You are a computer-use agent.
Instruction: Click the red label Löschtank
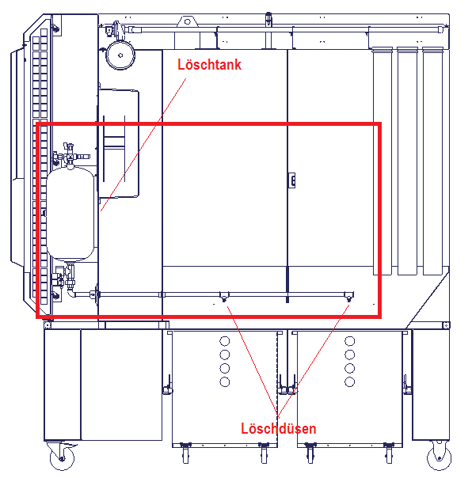(x=209, y=65)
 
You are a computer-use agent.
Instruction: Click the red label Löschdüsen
(x=278, y=429)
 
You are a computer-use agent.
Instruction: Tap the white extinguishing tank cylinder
(x=70, y=214)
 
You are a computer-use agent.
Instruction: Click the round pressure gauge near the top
(x=120, y=55)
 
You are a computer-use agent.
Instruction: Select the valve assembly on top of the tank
(x=70, y=155)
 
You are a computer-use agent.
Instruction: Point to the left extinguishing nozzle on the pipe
(x=224, y=297)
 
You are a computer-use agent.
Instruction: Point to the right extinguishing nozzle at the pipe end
(x=349, y=297)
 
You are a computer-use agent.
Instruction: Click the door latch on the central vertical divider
(x=292, y=180)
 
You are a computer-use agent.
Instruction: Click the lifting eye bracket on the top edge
(x=188, y=22)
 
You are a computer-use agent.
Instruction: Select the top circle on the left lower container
(x=225, y=341)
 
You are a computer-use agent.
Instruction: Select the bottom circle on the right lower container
(x=350, y=381)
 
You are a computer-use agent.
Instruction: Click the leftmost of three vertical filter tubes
(x=383, y=161)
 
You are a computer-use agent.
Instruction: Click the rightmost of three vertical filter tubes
(x=432, y=161)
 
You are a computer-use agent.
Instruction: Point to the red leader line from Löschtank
(x=143, y=145)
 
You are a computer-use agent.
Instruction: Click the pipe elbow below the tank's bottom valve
(x=71, y=294)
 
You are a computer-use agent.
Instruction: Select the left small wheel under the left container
(x=185, y=453)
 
